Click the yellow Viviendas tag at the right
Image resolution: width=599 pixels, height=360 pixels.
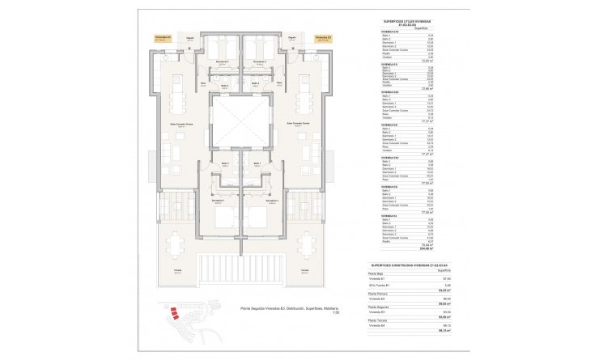click(x=322, y=37)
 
